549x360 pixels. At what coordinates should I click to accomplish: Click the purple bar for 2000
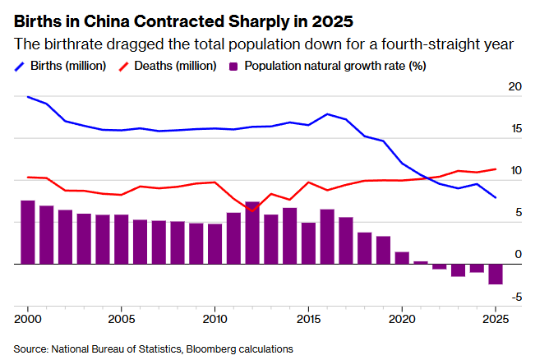(x=28, y=233)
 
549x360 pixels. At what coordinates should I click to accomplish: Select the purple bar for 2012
(x=252, y=233)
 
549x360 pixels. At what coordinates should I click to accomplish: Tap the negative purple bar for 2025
(x=496, y=275)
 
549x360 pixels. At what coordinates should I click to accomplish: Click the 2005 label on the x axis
(x=122, y=317)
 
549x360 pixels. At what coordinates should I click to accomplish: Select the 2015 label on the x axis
(x=308, y=317)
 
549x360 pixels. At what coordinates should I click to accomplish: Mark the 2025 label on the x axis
(x=495, y=317)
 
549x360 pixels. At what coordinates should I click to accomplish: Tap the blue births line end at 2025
(x=496, y=197)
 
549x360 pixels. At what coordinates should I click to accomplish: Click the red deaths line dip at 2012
(x=252, y=210)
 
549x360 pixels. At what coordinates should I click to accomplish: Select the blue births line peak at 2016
(x=327, y=114)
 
